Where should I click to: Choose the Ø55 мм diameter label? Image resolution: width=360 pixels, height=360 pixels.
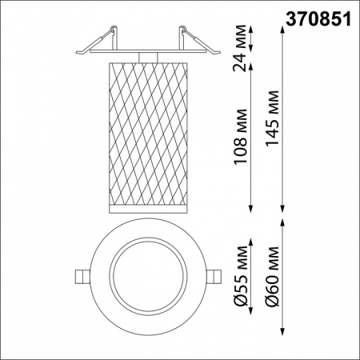click(238, 276)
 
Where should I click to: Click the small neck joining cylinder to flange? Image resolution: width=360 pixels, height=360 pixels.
click(146, 57)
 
